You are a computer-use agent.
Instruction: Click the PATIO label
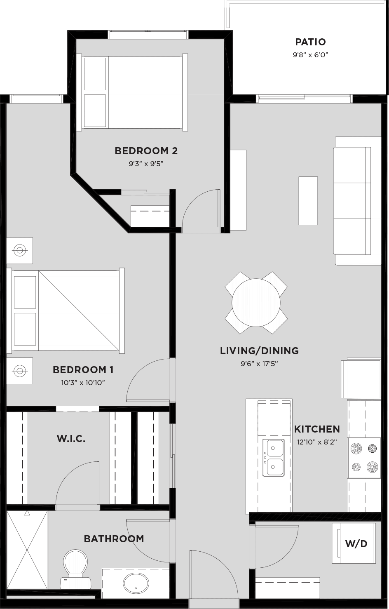pos(310,42)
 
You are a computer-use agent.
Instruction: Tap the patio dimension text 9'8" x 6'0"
pos(310,55)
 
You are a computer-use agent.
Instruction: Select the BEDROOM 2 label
pos(146,151)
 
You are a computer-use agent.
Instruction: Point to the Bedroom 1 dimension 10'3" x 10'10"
pos(83,383)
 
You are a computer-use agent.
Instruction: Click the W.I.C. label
pos(71,439)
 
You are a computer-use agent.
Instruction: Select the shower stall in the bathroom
pos(27,550)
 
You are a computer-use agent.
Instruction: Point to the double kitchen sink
pos(274,457)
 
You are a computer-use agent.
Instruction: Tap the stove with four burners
pos(364,458)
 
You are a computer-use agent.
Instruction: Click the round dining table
pos(256,303)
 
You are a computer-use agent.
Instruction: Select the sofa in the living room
pos(357,201)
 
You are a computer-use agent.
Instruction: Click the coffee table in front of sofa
pos(308,201)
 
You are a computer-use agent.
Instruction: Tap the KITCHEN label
pos(317,429)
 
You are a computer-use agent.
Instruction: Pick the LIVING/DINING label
pos(259,351)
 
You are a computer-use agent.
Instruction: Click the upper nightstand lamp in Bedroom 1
pos(20,250)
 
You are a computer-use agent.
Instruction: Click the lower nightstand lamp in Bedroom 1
pos(20,371)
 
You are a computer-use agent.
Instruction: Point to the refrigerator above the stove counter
pos(361,379)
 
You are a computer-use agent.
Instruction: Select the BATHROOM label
pos(114,538)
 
